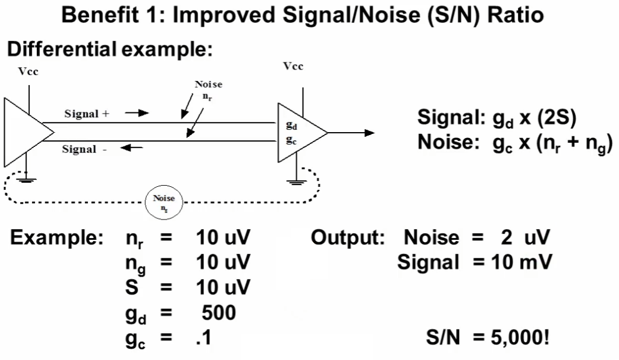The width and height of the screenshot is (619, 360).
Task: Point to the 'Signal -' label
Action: click(84, 149)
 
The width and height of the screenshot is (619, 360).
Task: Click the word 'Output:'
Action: click(348, 238)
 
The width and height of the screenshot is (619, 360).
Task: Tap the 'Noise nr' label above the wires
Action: click(208, 90)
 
